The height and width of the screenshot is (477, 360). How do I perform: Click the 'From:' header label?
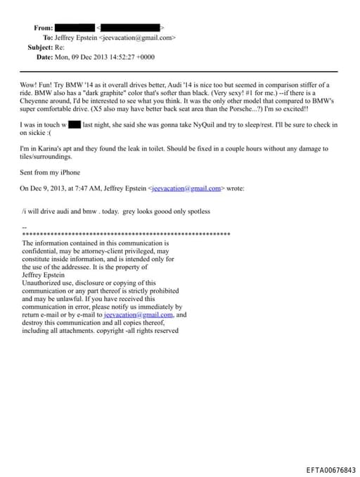click(x=43, y=27)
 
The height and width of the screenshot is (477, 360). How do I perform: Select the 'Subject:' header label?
click(x=40, y=47)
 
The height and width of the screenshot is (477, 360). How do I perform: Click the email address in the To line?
click(x=139, y=37)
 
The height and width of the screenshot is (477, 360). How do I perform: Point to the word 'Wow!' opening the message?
click(x=30, y=84)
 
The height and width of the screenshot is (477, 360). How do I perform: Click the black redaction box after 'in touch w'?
click(x=74, y=125)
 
